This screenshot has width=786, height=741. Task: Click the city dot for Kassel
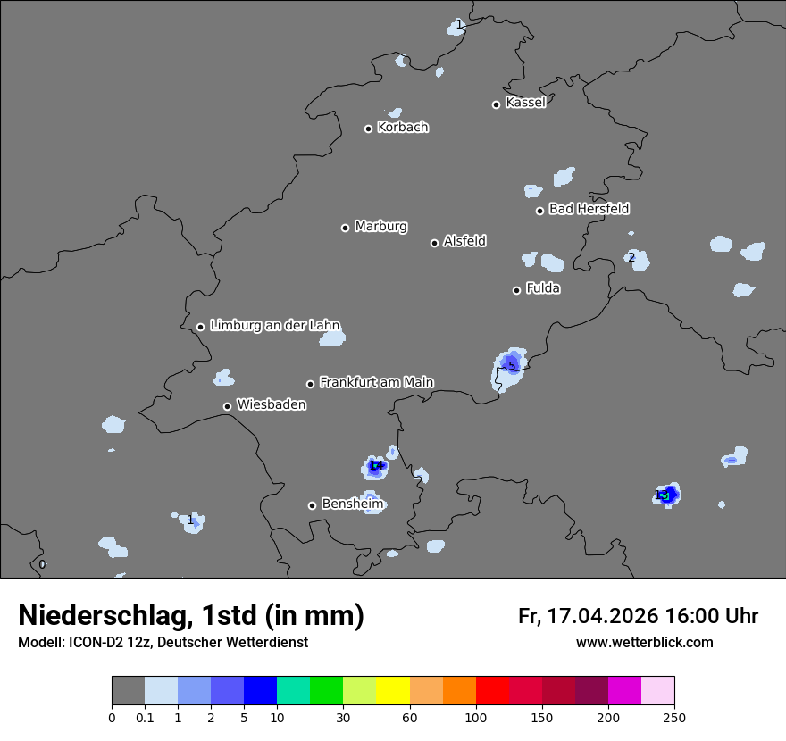pyautogui.click(x=496, y=104)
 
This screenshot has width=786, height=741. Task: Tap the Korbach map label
pyautogui.click(x=403, y=128)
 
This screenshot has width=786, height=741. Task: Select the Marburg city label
pyautogui.click(x=380, y=227)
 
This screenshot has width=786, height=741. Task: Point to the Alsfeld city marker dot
pyautogui.click(x=434, y=243)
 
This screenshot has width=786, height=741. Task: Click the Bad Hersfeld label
pyautogui.click(x=589, y=209)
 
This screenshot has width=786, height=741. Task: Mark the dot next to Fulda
pyautogui.click(x=516, y=290)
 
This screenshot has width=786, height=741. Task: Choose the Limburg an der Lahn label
pyautogui.click(x=275, y=326)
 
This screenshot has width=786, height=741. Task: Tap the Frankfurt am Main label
pyautogui.click(x=376, y=382)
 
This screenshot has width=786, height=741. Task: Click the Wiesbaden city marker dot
pyautogui.click(x=227, y=406)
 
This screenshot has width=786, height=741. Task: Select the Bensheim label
pyautogui.click(x=352, y=504)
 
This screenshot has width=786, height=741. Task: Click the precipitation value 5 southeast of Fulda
pyautogui.click(x=512, y=366)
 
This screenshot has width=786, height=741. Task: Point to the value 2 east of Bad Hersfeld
pyautogui.click(x=631, y=258)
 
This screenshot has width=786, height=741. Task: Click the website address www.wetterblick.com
pyautogui.click(x=644, y=642)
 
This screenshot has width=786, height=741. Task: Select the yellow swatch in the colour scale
pyautogui.click(x=393, y=691)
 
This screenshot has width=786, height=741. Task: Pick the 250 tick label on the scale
pyautogui.click(x=673, y=717)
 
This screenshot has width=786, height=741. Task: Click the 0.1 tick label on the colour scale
pyautogui.click(x=145, y=717)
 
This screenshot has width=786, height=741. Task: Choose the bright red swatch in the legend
pyautogui.click(x=492, y=691)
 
